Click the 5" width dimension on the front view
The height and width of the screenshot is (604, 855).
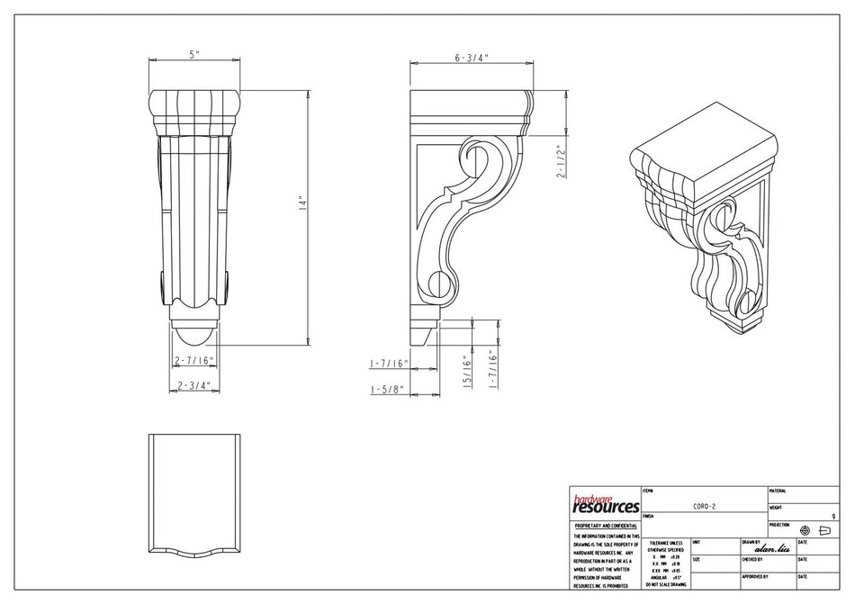pos(194,55)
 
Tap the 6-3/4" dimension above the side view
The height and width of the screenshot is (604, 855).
pos(470,58)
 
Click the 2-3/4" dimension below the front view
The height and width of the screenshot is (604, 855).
pos(193,384)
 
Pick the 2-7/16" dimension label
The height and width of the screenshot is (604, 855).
pos(193,360)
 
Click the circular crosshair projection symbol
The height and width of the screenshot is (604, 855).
pos(805,530)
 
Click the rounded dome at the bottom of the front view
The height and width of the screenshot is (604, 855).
pos(194,336)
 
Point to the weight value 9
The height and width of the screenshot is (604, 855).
pos(832,517)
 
